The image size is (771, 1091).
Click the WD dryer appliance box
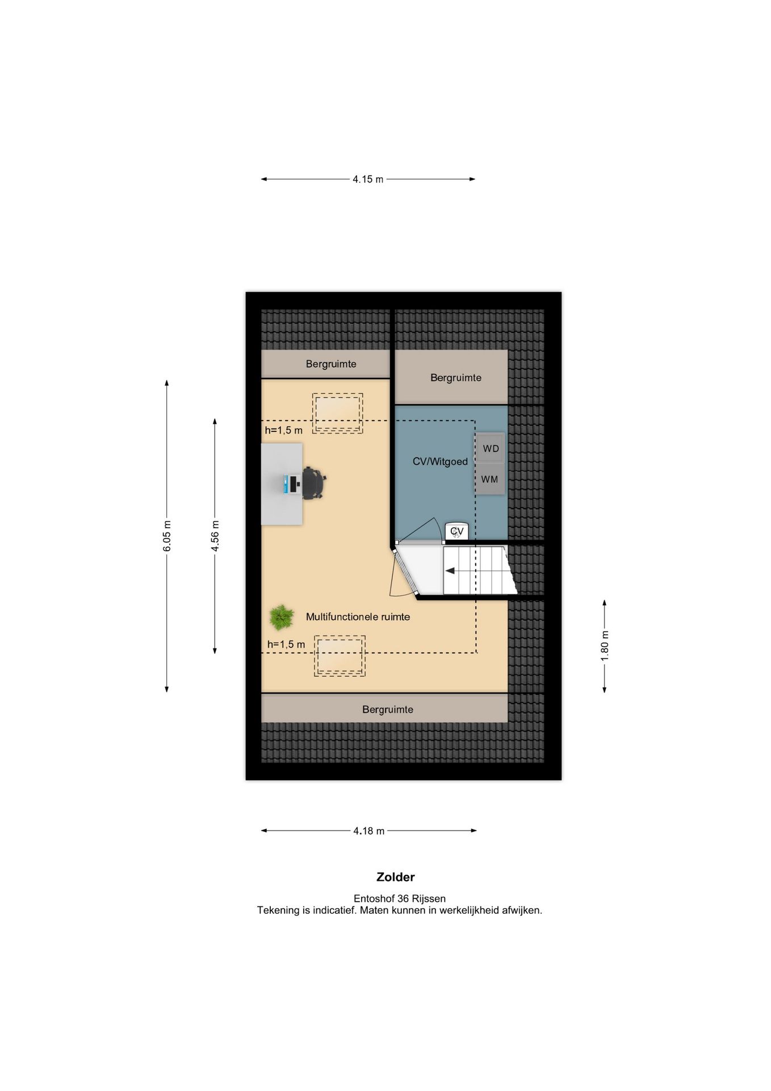pyautogui.click(x=490, y=448)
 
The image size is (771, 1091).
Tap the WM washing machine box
pyautogui.click(x=490, y=479)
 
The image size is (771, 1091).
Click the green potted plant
pyautogui.click(x=281, y=617)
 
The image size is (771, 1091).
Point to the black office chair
pyautogui.click(x=313, y=484)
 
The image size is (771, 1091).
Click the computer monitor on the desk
pyautogui.click(x=293, y=484)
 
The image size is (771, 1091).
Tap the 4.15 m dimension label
pyautogui.click(x=368, y=179)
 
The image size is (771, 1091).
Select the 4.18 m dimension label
pyautogui.click(x=369, y=831)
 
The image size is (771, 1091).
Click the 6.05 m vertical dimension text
pyautogui.click(x=167, y=536)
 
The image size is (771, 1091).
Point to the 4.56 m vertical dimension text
pyautogui.click(x=215, y=536)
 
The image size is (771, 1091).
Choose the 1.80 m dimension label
pyautogui.click(x=605, y=646)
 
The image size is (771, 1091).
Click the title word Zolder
pyautogui.click(x=396, y=877)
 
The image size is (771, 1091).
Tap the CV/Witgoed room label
pyautogui.click(x=440, y=461)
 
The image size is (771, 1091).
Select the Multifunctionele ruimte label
pyautogui.click(x=358, y=617)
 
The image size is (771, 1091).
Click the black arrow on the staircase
pyautogui.click(x=450, y=571)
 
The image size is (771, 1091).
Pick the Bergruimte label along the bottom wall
pyautogui.click(x=388, y=709)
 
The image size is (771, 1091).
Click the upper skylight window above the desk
pyautogui.click(x=337, y=413)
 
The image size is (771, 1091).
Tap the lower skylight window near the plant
pyautogui.click(x=340, y=656)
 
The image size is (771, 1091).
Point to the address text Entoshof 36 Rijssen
pyautogui.click(x=400, y=898)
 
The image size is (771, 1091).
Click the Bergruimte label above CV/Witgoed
pyautogui.click(x=456, y=377)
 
